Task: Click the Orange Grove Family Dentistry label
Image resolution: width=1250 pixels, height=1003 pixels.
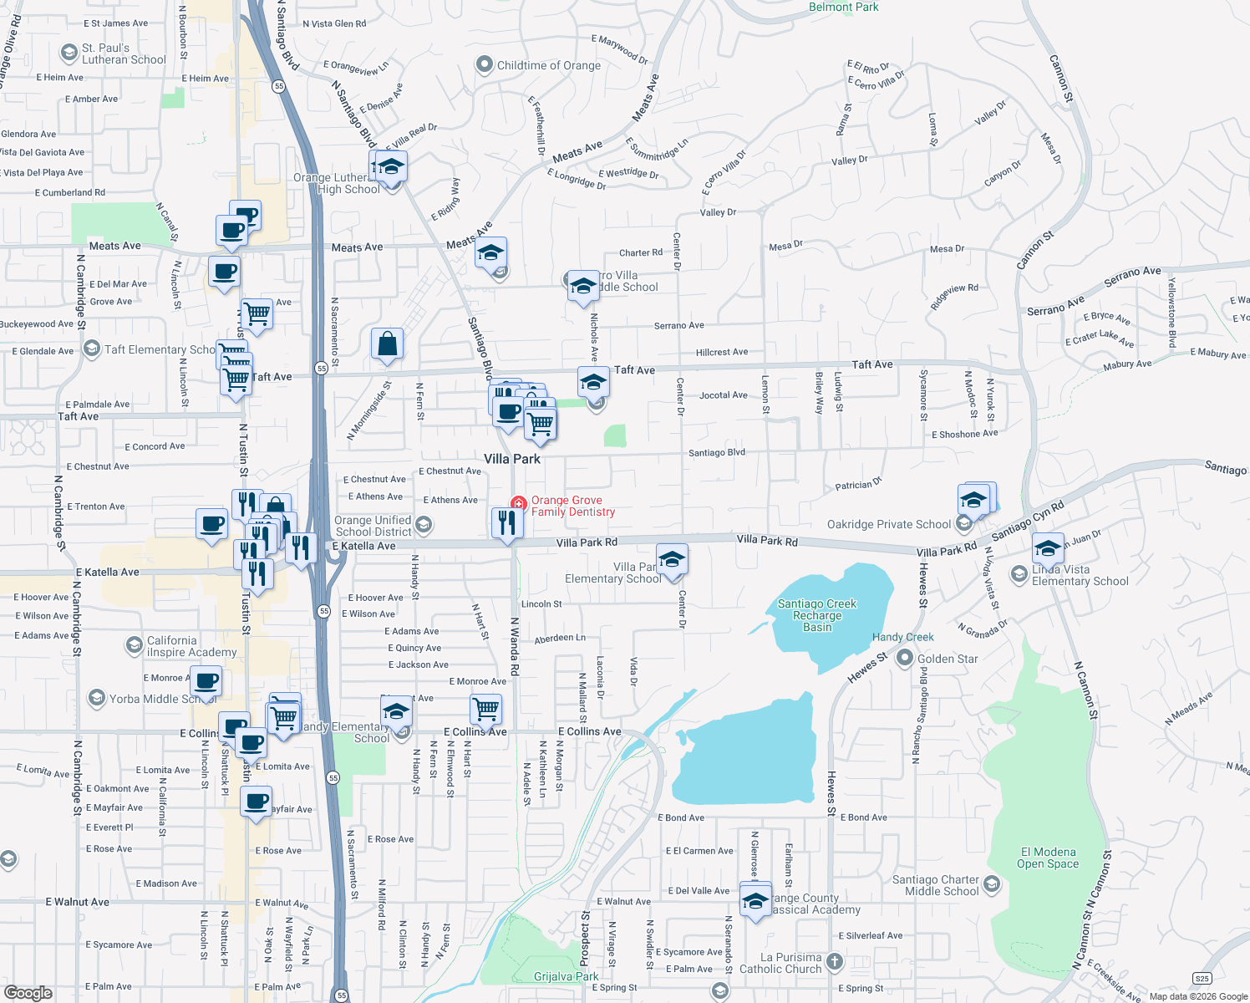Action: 572,507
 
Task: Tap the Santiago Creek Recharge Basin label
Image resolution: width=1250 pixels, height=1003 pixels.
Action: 817,615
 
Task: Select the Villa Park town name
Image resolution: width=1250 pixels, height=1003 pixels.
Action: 512,459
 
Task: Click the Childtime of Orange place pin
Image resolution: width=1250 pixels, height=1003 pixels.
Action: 484,65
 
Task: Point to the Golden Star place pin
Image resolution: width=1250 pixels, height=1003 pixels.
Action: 904,659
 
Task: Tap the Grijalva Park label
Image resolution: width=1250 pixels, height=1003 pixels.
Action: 566,976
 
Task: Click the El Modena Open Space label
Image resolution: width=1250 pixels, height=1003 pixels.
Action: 1048,858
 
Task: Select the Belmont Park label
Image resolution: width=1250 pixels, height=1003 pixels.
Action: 843,8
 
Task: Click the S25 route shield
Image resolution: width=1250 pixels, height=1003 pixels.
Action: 1202,979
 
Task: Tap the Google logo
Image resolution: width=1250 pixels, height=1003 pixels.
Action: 28,992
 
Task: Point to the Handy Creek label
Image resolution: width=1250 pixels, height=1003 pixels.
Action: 902,637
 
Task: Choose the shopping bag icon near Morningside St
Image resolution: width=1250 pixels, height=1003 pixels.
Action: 387,344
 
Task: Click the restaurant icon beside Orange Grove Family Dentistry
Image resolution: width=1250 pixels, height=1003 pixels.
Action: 507,522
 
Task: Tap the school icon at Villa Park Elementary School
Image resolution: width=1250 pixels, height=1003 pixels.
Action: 671,559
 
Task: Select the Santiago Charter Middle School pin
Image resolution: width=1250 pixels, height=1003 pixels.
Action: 991,884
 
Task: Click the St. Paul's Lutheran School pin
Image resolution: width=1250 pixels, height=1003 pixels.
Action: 69,53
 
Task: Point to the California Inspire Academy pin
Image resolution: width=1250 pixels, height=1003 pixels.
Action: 134,645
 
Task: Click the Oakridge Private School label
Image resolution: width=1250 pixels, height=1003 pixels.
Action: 888,524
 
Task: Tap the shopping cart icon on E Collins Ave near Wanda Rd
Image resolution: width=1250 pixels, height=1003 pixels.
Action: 485,709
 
